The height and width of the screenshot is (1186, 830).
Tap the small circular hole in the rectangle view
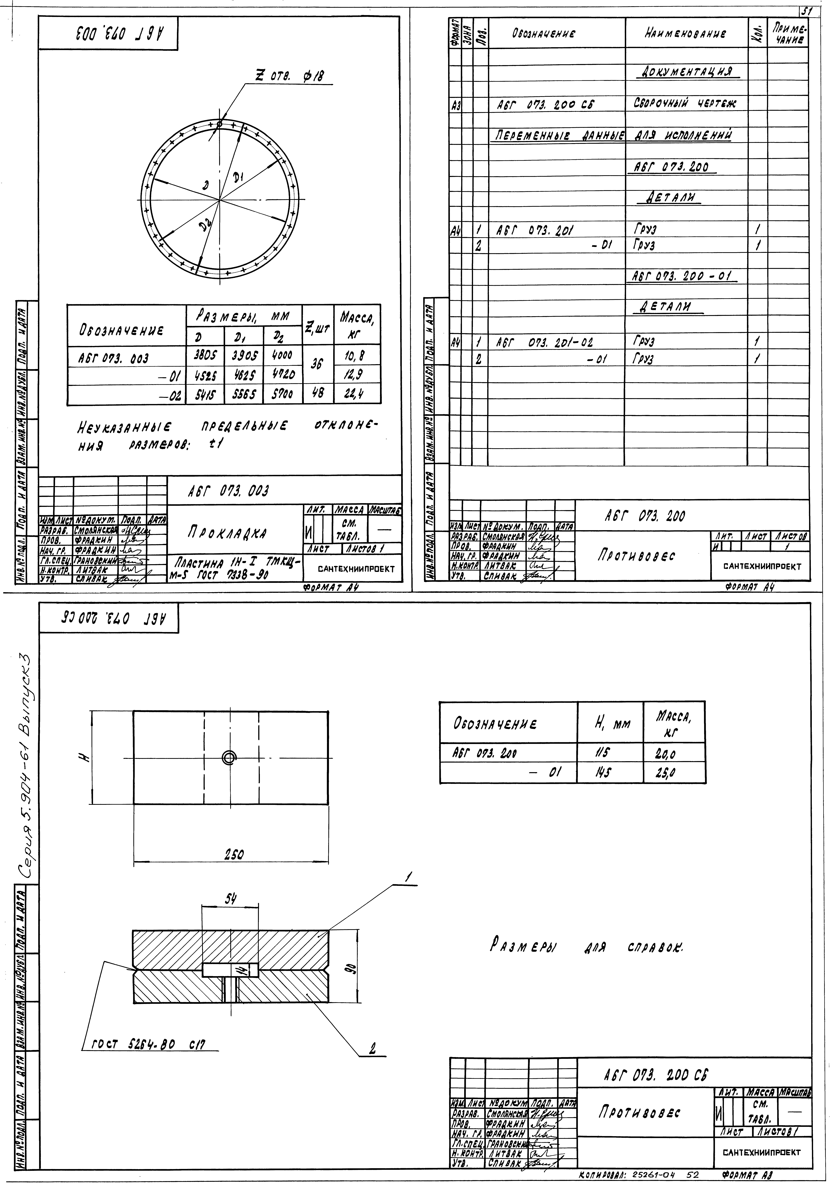point(229,758)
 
